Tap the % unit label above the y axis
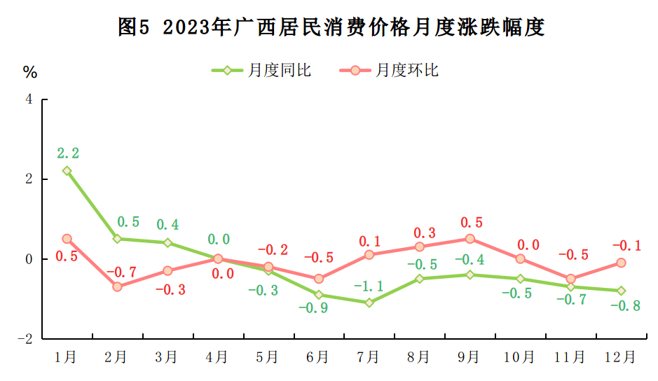29,72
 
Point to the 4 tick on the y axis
29,99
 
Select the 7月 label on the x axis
369,357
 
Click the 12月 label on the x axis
620,357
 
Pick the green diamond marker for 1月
67,171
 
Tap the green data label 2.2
68,152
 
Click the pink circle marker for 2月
117,286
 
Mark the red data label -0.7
119,271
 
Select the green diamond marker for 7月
369,303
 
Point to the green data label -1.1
369,286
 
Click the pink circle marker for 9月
469,239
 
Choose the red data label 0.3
424,233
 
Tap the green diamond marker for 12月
621,291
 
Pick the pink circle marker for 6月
319,279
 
